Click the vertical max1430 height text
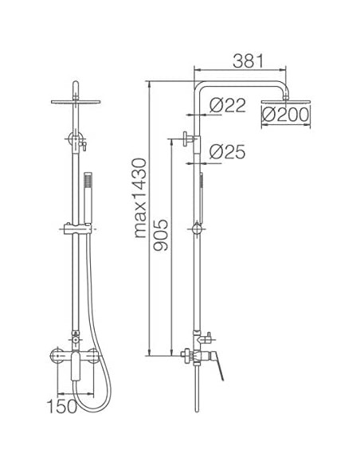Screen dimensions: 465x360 click(140, 199)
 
